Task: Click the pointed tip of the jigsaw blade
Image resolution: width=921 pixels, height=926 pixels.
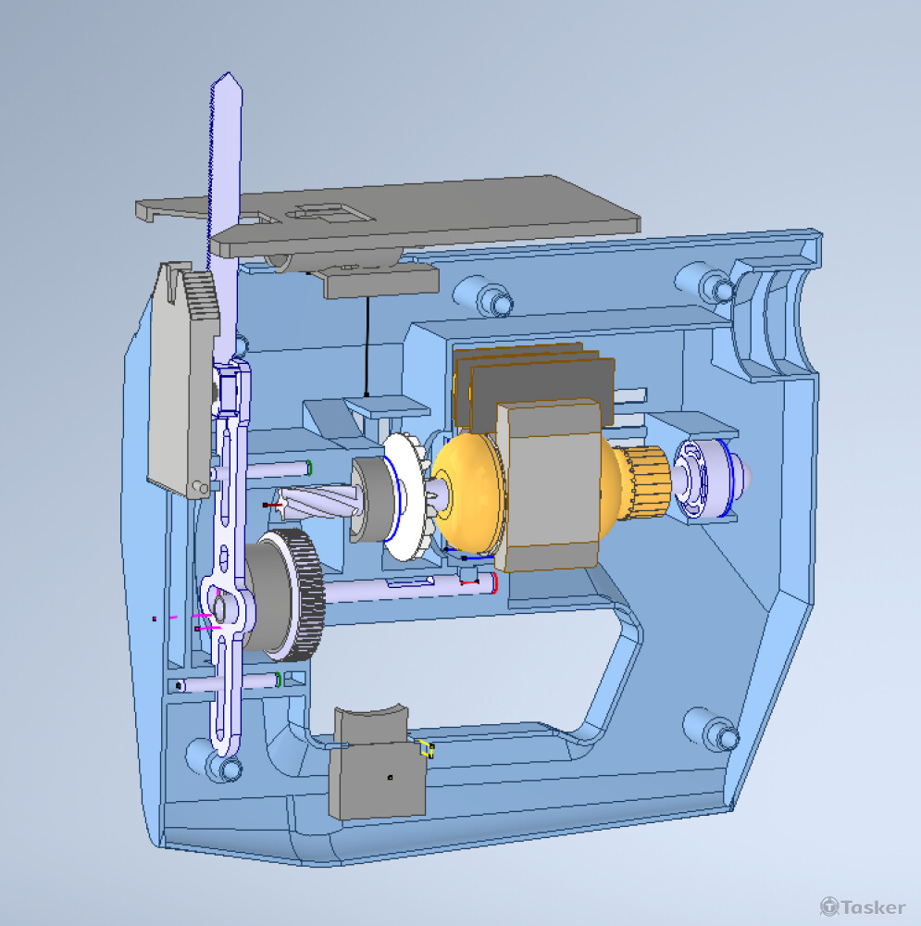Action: click(x=228, y=73)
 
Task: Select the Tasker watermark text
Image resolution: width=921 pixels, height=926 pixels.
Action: click(x=863, y=906)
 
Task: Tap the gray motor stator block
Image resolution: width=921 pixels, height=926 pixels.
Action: click(x=550, y=484)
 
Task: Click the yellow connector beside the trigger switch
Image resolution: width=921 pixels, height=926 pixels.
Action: click(x=426, y=748)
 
